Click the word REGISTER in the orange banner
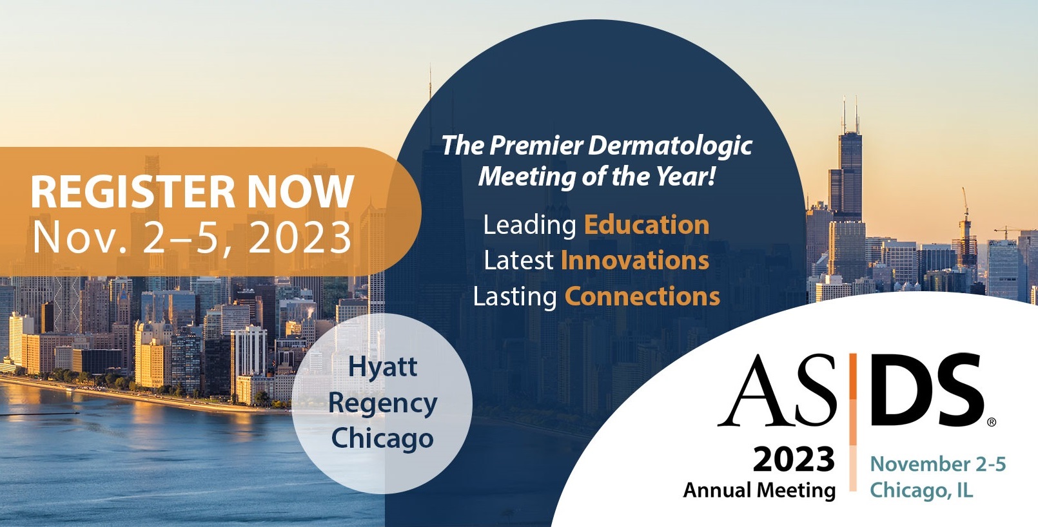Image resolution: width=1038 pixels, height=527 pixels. click(132, 192)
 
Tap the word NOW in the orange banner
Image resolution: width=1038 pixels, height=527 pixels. click(300, 192)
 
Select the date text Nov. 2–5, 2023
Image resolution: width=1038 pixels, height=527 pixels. click(192, 238)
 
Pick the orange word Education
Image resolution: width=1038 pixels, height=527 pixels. click(646, 225)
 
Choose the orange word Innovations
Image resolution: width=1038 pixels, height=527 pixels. click(635, 260)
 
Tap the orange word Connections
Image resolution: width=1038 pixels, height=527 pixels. click(642, 296)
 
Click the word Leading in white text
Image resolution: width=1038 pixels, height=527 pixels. click(529, 225)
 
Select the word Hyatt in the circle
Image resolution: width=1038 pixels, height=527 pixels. click(382, 367)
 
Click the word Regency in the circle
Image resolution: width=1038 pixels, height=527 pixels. click(382, 404)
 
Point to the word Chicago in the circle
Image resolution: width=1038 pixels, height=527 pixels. click(382, 439)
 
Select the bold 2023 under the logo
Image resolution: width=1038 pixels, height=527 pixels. click(794, 460)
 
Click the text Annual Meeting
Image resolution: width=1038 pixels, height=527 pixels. click(759, 490)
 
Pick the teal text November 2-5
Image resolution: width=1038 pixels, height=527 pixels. click(937, 464)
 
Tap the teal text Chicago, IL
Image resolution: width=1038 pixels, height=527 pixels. click(921, 490)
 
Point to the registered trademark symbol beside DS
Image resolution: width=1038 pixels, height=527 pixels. click(992, 423)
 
